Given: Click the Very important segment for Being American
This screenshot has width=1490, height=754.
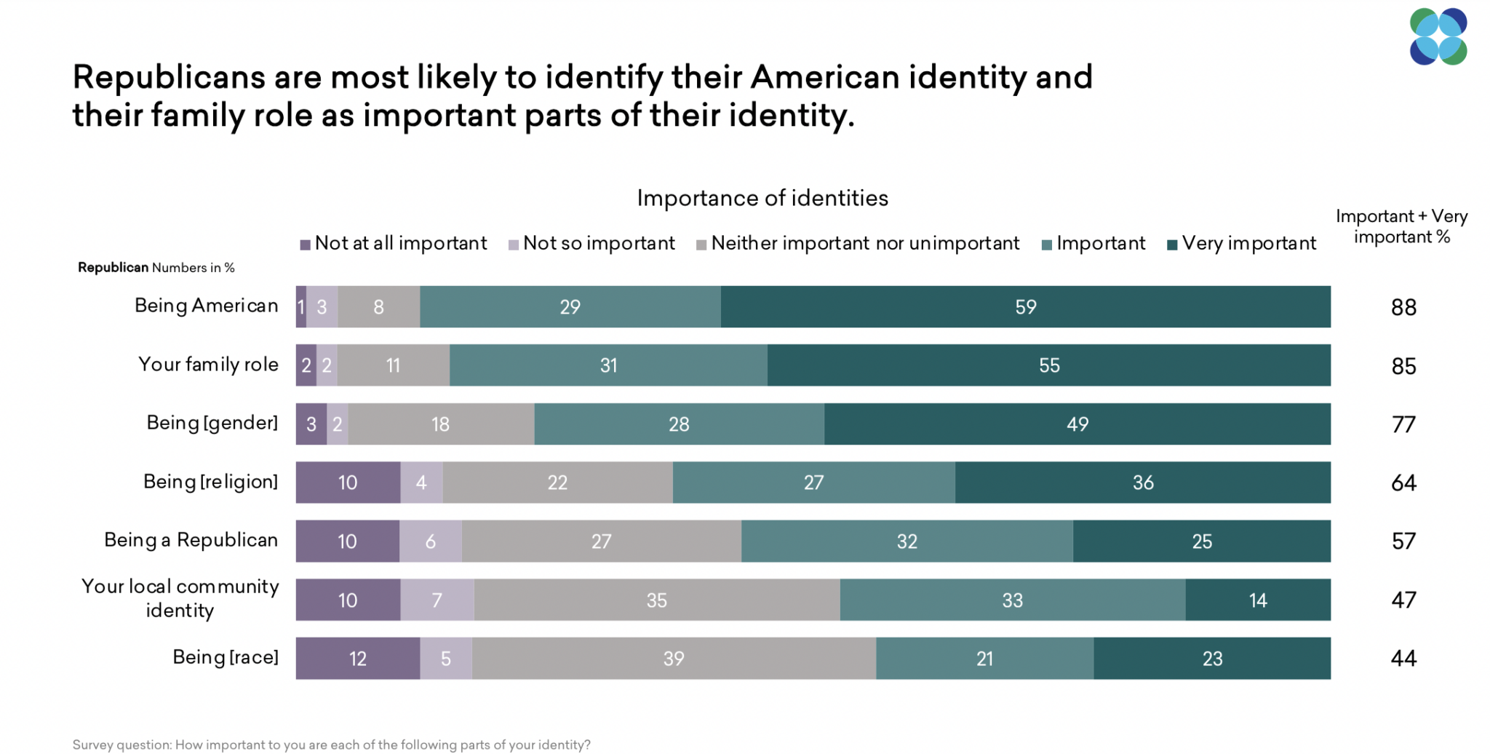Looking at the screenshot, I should pos(1025,307).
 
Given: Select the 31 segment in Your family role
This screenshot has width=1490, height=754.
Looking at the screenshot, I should pos(608,365).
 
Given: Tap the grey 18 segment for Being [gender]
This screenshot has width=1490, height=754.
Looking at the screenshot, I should pos(441,424).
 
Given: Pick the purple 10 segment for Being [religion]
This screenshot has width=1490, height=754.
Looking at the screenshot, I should pos(348,483).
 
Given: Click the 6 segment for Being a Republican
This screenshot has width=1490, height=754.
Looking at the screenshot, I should pos(431,541).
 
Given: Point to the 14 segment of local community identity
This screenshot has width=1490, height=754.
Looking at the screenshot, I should pos(1257,600).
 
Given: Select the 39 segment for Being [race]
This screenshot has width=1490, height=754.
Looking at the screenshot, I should pos(674,659).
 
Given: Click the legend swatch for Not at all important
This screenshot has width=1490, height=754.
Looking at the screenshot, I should pos(306,245).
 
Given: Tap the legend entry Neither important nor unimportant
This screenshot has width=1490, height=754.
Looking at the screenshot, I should pos(864,243).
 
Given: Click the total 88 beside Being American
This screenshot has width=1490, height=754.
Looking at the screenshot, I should pos(1403,308).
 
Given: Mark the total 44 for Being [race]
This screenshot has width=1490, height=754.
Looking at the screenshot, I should pos(1403,659).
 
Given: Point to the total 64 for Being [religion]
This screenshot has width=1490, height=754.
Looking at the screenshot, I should pos(1403,483).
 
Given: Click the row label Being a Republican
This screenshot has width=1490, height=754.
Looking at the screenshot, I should pos(191,540).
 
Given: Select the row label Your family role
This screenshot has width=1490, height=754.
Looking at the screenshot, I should pos(208,364).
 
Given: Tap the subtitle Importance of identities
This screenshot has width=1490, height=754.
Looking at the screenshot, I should pos(762,198).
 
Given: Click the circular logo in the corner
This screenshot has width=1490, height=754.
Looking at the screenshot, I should pos(1438,36).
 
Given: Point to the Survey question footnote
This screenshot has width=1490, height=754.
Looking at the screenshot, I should pos(331,745).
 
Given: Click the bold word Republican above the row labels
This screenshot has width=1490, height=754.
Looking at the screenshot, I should pos(113,268).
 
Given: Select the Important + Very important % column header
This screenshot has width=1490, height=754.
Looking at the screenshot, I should pos(1401,226).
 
